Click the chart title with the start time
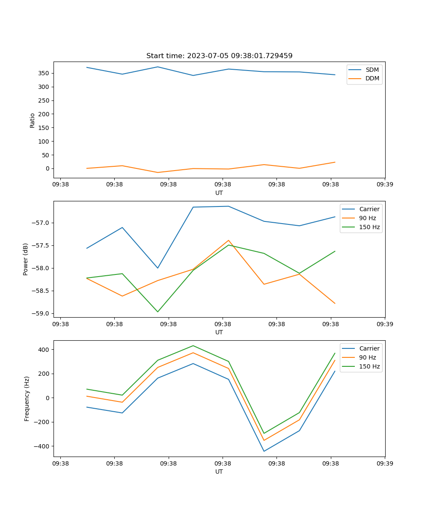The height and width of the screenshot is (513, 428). (x=219, y=56)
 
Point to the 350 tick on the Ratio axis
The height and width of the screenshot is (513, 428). (x=44, y=73)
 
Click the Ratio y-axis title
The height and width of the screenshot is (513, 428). (x=32, y=120)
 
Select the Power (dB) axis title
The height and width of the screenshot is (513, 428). (x=26, y=259)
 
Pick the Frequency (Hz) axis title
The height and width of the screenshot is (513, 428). (x=27, y=398)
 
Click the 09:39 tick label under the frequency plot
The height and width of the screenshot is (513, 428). (x=385, y=463)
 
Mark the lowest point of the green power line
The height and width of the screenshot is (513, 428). (x=158, y=312)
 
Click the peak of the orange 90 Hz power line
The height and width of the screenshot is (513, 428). (x=229, y=240)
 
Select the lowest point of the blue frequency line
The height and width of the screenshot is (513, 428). (x=264, y=451)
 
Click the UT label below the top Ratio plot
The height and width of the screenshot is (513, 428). (x=219, y=193)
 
